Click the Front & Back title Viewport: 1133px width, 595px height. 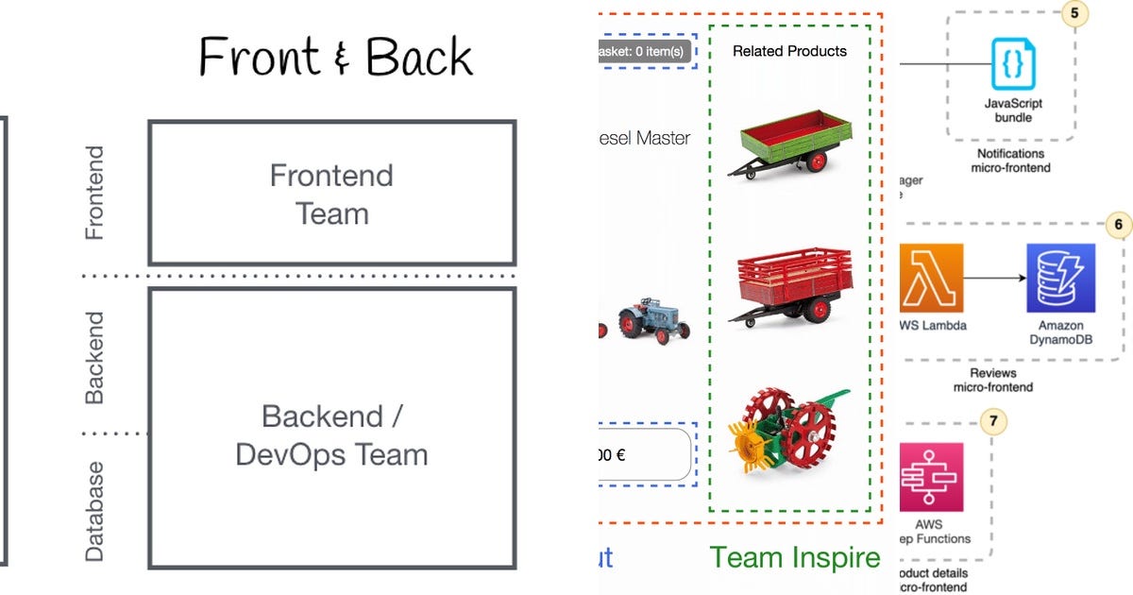click(335, 58)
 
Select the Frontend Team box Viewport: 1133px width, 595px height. click(331, 194)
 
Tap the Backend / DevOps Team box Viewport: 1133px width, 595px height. click(331, 434)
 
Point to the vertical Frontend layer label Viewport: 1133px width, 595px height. click(94, 193)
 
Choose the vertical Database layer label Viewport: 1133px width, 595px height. click(94, 511)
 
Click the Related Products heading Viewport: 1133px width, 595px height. click(789, 51)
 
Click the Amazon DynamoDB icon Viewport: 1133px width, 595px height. click(1060, 278)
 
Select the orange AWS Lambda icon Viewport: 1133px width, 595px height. click(932, 278)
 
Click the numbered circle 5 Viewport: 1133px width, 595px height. click(1074, 13)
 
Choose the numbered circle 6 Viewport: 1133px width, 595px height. click(1118, 225)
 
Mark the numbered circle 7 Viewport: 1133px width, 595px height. click(993, 421)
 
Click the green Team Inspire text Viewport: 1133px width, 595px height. click(795, 557)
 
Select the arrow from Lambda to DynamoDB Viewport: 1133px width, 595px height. click(995, 279)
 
